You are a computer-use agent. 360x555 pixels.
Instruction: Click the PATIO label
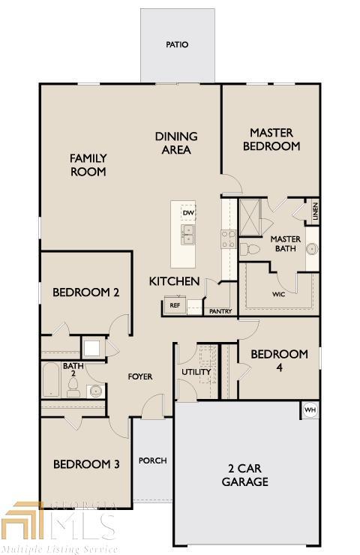[x=177, y=44]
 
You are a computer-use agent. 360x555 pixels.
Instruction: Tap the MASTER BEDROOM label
[x=271, y=139]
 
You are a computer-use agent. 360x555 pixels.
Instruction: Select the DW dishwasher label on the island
[x=188, y=213]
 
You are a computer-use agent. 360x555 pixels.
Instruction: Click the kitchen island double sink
[x=187, y=234]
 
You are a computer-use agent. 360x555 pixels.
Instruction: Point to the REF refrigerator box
[x=175, y=304]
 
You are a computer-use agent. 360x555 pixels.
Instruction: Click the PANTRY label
[x=220, y=311]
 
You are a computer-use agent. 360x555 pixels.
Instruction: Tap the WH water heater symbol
[x=310, y=410]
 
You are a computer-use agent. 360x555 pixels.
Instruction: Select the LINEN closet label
[x=316, y=211]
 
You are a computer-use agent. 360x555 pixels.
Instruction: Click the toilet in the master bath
[x=250, y=249]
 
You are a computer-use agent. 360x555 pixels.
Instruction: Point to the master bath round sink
[x=313, y=249]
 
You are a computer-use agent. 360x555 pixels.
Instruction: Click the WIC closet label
[x=279, y=294]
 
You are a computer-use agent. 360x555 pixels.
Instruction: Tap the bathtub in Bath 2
[x=50, y=379]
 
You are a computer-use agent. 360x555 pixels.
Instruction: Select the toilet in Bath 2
[x=73, y=387]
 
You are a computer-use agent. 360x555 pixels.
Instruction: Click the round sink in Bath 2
[x=96, y=391]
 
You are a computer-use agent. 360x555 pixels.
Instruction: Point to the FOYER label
[x=140, y=376]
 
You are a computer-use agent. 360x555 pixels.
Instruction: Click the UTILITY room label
[x=196, y=372]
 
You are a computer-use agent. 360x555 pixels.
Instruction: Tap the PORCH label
[x=152, y=460]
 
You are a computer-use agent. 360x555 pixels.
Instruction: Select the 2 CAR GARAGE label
[x=245, y=475]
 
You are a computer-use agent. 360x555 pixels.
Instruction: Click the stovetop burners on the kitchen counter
[x=228, y=239]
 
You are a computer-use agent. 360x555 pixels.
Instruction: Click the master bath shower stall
[x=250, y=217]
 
